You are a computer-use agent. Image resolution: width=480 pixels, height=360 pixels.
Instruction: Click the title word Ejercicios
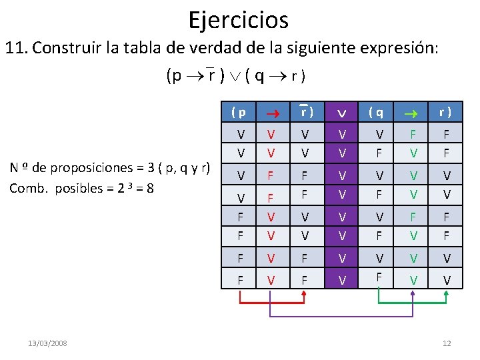pos(238,19)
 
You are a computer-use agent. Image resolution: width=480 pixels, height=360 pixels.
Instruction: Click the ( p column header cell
pos(238,111)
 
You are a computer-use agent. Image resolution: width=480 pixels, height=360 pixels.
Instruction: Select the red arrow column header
pos(271,111)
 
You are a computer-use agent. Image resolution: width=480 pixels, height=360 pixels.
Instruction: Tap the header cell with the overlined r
pos(307,111)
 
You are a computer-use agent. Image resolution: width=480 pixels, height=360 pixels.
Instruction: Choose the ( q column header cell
pos(378,111)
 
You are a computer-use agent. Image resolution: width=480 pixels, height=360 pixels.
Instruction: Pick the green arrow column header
pos(413,111)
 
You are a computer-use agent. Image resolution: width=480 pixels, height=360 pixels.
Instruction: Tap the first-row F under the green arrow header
pos(413,133)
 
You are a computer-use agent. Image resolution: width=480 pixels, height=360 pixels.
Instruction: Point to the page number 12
pos(447,343)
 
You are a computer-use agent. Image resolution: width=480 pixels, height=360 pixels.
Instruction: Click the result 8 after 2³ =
pos(150,187)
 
